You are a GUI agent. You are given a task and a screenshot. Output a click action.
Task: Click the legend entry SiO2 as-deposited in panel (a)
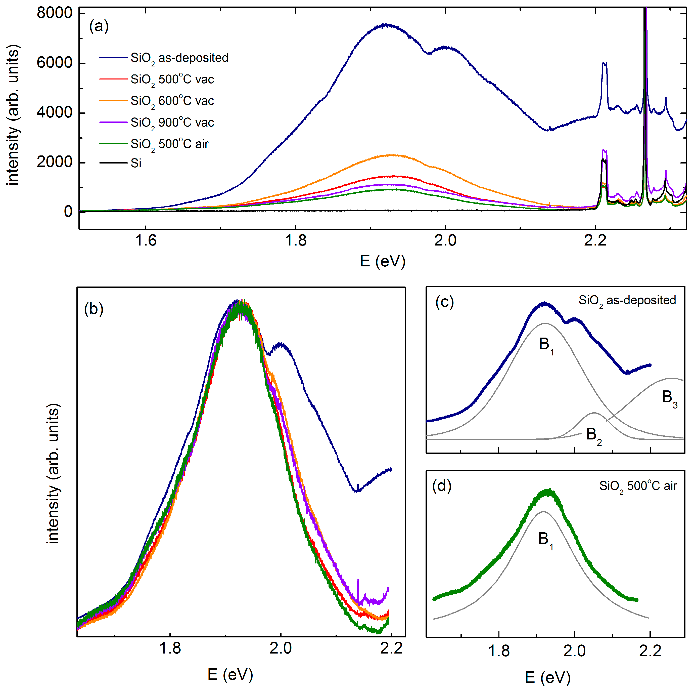(x=179, y=58)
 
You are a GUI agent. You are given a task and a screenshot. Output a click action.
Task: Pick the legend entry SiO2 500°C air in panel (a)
(x=169, y=144)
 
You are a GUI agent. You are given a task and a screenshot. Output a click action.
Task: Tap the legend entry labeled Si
(x=136, y=164)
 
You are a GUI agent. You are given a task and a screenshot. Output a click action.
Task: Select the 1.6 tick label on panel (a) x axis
(x=146, y=240)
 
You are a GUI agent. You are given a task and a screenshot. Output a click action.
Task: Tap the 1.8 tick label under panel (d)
(x=499, y=651)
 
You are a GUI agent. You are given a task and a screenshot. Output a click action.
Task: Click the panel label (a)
(x=99, y=26)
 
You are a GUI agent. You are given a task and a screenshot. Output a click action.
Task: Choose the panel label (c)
(x=444, y=302)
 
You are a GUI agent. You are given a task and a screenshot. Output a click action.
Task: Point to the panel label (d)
(x=441, y=486)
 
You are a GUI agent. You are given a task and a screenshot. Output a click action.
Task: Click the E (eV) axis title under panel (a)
(x=383, y=261)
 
